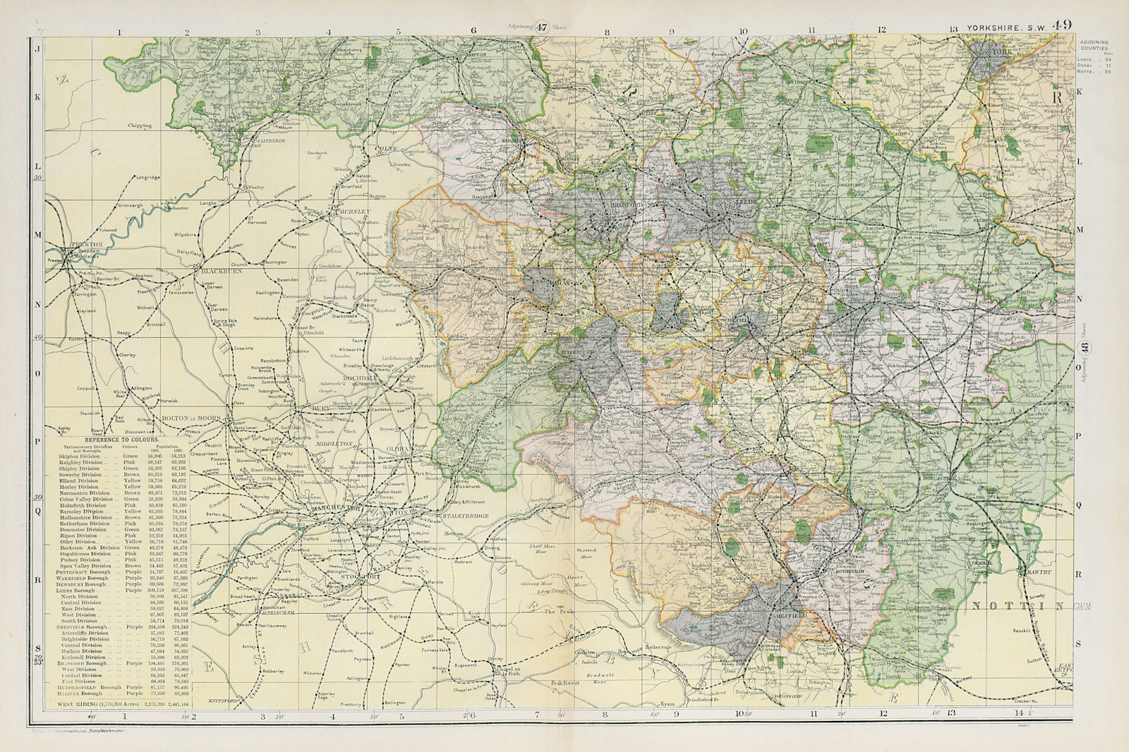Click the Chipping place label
tap(139, 126)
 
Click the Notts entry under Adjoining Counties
tap(1100, 72)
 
